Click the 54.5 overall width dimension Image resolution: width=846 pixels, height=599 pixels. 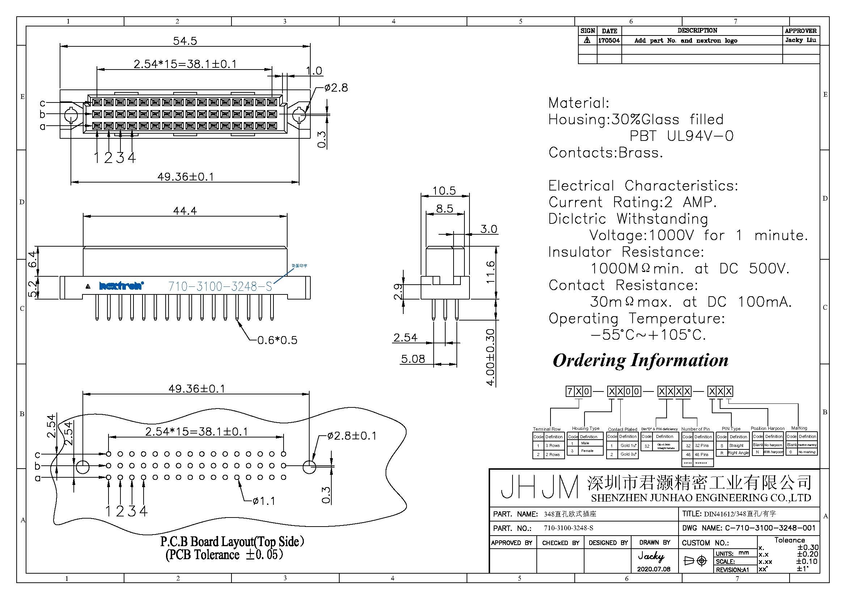pos(185,41)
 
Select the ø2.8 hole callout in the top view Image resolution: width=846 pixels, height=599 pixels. pos(336,88)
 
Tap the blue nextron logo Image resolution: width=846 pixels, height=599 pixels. pos(121,285)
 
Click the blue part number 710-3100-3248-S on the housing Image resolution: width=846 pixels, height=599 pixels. pos(220,286)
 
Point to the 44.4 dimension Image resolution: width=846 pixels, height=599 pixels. pos(185,211)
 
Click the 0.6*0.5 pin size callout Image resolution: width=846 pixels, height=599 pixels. pos(277,340)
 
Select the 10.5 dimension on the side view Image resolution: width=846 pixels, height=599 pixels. pos(444,191)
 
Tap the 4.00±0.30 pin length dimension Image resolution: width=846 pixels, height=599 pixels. pos(490,357)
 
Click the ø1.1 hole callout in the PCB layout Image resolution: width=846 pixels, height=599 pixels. pos(264,501)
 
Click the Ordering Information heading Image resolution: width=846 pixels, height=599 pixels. pos(641,360)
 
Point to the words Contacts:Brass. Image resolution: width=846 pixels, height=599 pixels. pos(605,153)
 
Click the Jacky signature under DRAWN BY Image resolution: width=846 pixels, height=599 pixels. pos(651,556)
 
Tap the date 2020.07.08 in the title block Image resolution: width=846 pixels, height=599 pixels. pos(654,569)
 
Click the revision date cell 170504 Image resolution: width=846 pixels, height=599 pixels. pos(609,41)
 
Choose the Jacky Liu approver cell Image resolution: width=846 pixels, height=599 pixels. pos(800,40)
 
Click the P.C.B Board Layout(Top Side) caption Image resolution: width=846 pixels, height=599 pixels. pos(232,541)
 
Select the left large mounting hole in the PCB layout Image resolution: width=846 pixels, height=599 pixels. pos(82,466)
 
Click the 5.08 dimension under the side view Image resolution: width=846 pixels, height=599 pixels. pos(413,359)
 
